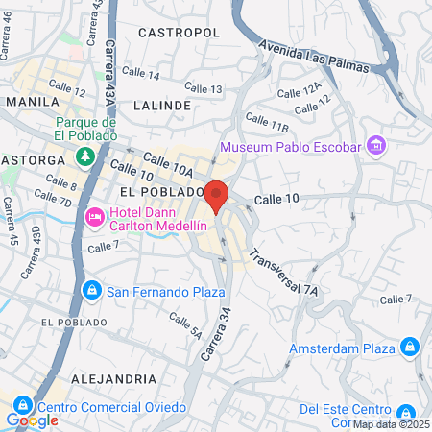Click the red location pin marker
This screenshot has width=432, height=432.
(217, 196)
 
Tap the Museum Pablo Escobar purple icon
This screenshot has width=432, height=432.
(375, 147)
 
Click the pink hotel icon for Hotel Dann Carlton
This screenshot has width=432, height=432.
(96, 217)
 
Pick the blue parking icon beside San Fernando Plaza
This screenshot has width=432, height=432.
(92, 289)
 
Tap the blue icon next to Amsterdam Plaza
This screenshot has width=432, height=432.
(409, 346)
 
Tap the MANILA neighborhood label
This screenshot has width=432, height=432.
(33, 101)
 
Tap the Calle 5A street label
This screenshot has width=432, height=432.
(184, 326)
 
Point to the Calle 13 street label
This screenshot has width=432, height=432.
(203, 88)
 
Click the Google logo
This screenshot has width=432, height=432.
(32, 420)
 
